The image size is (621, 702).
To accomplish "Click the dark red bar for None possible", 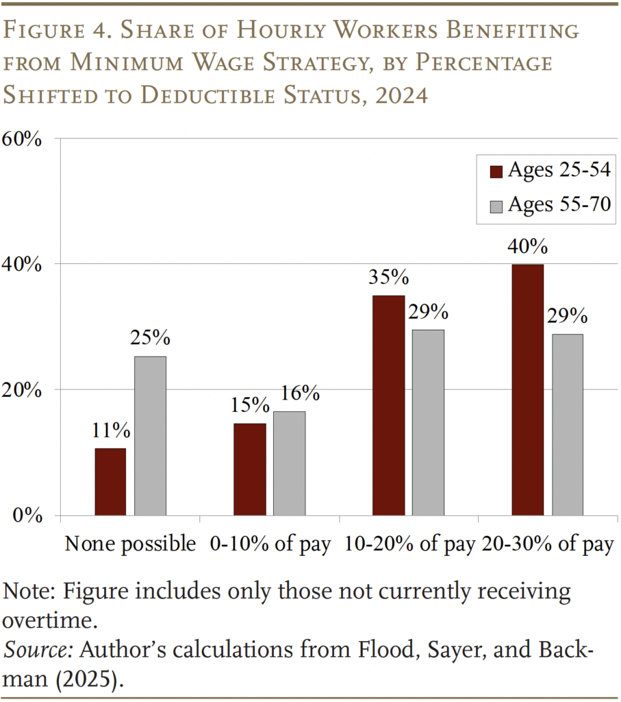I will [x=110, y=481].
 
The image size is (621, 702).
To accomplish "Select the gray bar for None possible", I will [x=150, y=435].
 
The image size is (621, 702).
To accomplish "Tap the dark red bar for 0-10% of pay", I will [x=249, y=469].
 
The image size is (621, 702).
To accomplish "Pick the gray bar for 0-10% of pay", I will [x=289, y=463].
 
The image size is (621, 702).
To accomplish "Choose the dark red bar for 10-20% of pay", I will [x=388, y=405].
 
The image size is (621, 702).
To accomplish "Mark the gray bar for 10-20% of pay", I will [x=428, y=422].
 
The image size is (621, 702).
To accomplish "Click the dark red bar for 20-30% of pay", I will [x=527, y=389].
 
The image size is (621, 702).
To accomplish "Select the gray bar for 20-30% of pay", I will [x=567, y=424].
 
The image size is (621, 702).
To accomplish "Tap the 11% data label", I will [x=110, y=431].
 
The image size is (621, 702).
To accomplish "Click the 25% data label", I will [x=150, y=339].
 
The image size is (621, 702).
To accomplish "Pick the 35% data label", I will [x=388, y=278].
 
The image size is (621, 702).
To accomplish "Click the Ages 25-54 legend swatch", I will [x=496, y=171].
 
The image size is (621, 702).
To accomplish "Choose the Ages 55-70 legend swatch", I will [x=496, y=205].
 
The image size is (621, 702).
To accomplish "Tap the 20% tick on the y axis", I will [x=24, y=389].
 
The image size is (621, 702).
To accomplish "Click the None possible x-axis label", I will [x=130, y=544].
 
